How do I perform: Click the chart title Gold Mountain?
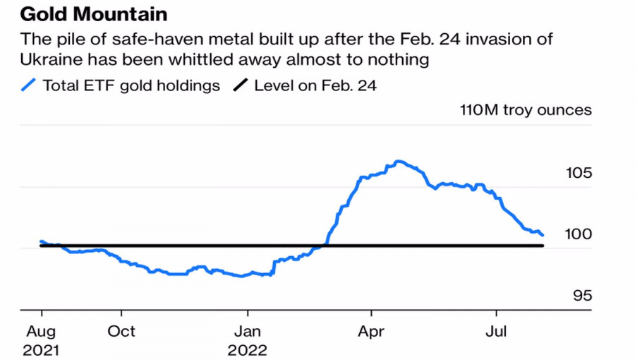tap(95, 14)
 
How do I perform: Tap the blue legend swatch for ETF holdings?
tap(29, 85)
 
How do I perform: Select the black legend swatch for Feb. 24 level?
tap(241, 85)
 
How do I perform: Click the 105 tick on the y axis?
tap(578, 174)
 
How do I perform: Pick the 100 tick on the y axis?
tap(578, 234)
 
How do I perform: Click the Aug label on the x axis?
tap(42, 331)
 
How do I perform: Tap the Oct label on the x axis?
tap(121, 331)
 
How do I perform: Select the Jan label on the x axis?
tap(247, 331)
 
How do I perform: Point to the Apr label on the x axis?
tap(371, 331)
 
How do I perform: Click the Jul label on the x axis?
tap(496, 331)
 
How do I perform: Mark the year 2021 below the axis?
tap(42, 349)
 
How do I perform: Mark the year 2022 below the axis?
tap(247, 349)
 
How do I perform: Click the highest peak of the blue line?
tap(399, 161)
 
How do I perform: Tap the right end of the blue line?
tap(543, 235)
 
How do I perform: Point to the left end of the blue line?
tap(41, 241)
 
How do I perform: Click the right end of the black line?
tap(543, 246)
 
